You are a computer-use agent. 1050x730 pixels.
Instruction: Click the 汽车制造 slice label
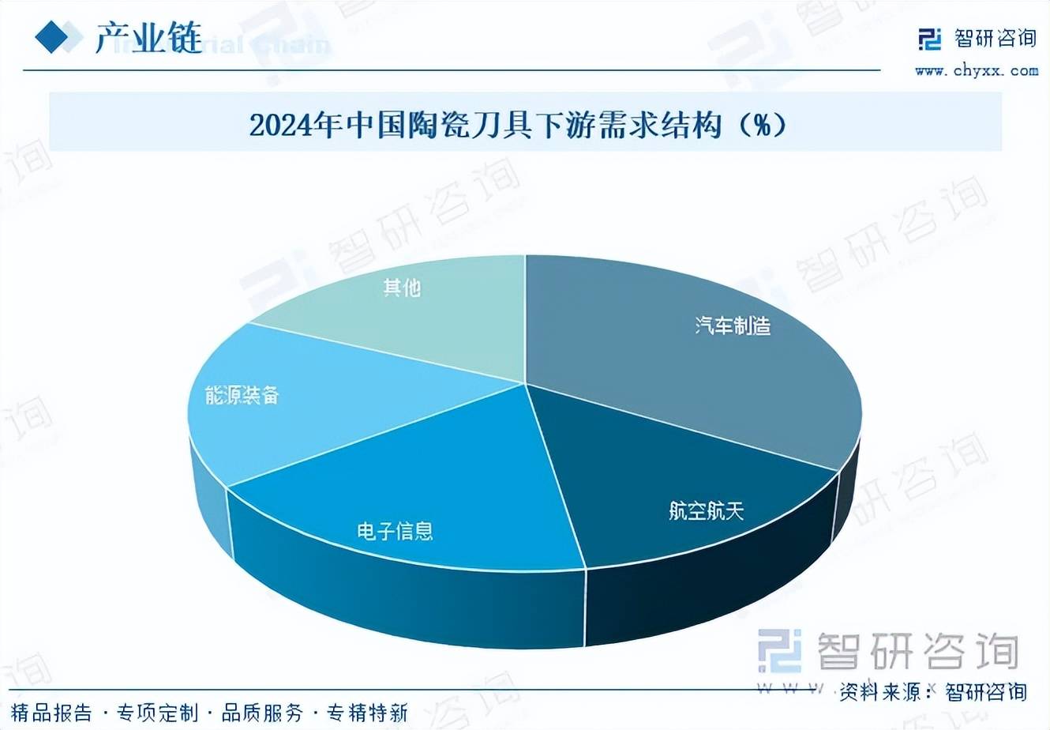[733, 325]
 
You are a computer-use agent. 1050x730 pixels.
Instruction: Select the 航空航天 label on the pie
[706, 511]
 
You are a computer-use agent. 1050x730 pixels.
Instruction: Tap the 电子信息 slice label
[395, 530]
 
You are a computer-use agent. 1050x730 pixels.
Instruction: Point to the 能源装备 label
[242, 395]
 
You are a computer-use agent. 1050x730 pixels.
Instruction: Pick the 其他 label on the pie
[402, 288]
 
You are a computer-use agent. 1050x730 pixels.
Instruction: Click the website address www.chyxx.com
[977, 71]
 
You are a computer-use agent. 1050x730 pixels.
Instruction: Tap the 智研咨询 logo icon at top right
[930, 39]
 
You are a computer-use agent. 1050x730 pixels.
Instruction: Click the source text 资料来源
[879, 692]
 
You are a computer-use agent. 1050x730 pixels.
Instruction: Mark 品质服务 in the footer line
[263, 713]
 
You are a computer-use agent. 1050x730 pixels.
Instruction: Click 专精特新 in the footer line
[368, 713]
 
